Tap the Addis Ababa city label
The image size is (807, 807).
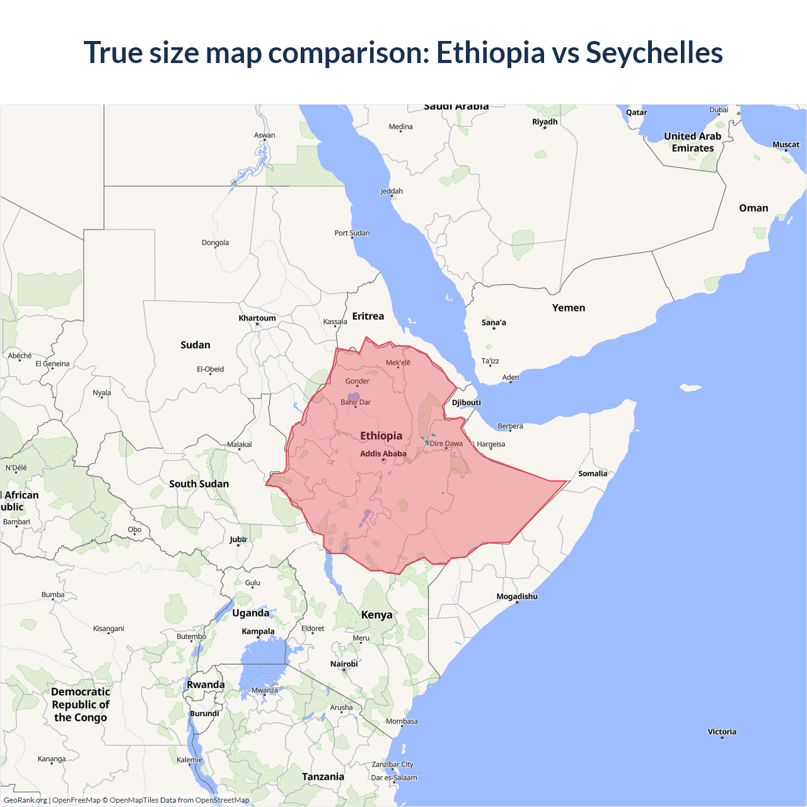[383, 454]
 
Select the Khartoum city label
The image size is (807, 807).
[257, 318]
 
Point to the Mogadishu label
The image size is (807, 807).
[517, 596]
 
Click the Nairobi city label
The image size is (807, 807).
[344, 664]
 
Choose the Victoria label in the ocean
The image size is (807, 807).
[722, 732]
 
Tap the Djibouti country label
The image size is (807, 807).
[467, 403]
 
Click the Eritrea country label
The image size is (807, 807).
[368, 316]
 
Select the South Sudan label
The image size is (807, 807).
[199, 484]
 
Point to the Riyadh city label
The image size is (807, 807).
[545, 122]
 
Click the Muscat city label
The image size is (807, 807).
[786, 145]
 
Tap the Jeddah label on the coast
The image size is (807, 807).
[392, 192]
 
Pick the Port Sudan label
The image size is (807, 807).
[352, 233]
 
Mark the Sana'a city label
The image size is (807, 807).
[494, 323]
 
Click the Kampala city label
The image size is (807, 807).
[258, 632]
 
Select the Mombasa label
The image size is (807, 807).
[402, 721]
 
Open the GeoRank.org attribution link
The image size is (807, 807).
[25, 800]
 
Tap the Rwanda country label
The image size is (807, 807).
[206, 685]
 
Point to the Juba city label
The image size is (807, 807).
[238, 540]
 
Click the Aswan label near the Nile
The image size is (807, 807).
[265, 136]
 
